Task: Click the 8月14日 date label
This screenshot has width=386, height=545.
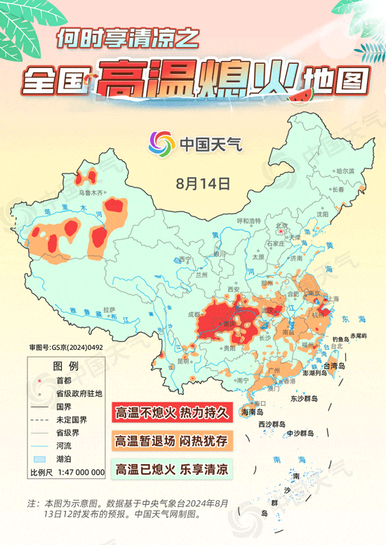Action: pos(204,184)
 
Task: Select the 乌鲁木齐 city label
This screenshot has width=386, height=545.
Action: pos(91,192)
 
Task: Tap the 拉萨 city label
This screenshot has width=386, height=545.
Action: pos(108,309)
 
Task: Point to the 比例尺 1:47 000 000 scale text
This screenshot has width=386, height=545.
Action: pos(67,472)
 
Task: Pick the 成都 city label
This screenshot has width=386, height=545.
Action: pos(194,315)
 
